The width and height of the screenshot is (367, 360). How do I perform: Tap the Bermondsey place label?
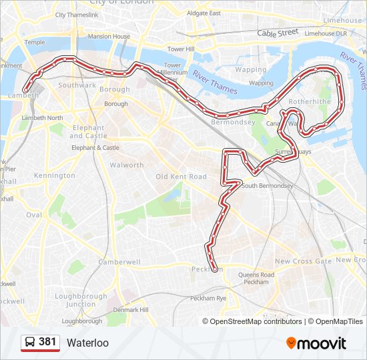tap(233, 123)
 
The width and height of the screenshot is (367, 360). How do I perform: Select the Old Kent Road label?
tap(181, 177)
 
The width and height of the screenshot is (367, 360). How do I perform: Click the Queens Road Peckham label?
tap(256, 279)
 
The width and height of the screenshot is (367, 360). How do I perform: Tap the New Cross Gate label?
tap(303, 261)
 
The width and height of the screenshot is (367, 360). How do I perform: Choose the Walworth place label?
tap(126, 165)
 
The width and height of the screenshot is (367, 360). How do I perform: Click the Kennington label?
tap(55, 175)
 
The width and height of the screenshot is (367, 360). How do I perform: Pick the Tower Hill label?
tap(180, 49)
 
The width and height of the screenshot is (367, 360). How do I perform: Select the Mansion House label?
tap(109, 37)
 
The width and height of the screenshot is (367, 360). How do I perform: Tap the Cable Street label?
tap(278, 33)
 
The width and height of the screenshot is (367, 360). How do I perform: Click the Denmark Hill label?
tap(130, 310)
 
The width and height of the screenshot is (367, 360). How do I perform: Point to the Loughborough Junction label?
tap(81, 300)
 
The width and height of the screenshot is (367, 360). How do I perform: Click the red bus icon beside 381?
tap(30, 343)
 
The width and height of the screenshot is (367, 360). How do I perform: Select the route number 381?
tap(47, 342)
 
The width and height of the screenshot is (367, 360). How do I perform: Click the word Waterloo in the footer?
tap(87, 343)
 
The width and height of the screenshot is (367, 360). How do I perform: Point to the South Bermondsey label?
tap(268, 186)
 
